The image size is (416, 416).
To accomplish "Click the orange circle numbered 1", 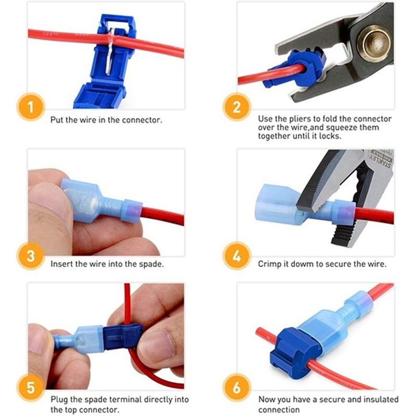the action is (x=31, y=107).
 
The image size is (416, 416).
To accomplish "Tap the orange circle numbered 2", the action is (x=237, y=107).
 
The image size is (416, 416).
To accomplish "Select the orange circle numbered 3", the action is (x=31, y=256).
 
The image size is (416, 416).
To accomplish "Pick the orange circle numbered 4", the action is (x=237, y=256).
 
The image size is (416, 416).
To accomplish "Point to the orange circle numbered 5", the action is (x=31, y=387).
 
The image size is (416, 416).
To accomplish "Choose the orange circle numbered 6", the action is (x=237, y=387).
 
